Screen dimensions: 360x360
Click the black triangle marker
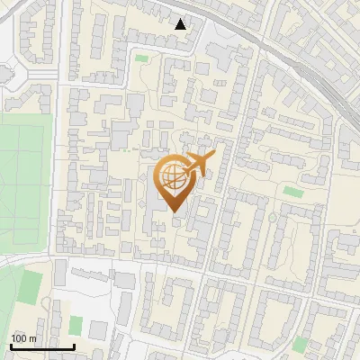coord(181,24)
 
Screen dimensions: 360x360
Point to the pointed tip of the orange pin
coord(173,213)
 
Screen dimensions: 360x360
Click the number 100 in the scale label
coord(19,338)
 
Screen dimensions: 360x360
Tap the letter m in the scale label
coord(32,338)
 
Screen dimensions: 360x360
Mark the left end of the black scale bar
coord(11,346)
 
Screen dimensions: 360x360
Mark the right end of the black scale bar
coord(74,346)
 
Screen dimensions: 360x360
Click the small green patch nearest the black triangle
coord(141,59)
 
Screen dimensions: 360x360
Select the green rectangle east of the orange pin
coord(292,192)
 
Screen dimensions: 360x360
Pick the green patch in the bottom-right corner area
coord(300,343)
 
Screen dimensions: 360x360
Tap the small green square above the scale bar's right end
coord(76,324)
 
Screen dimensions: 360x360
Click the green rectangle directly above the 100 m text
coord(31,286)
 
